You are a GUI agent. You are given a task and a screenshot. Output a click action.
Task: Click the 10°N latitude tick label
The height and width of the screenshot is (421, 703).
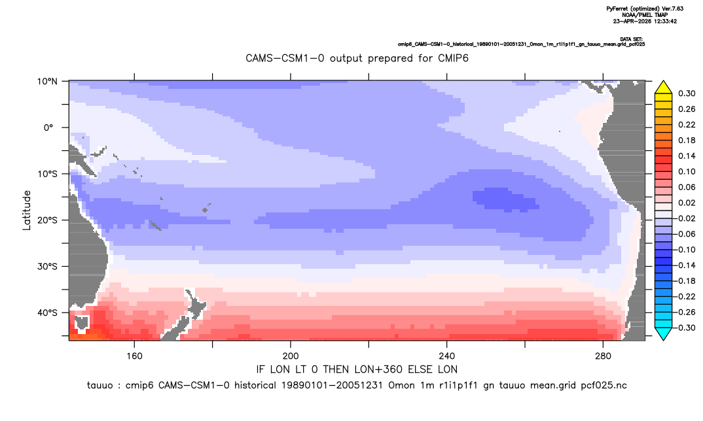coord(47,82)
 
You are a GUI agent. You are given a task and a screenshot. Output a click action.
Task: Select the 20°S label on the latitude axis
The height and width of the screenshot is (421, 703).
coord(47,220)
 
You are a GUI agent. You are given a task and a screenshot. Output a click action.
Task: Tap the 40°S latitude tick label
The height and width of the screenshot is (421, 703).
coord(47,312)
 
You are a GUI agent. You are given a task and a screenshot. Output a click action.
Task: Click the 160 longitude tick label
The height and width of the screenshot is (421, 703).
coord(134,356)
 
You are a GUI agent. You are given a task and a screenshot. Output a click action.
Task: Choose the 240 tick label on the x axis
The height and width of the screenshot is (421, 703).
coord(447,356)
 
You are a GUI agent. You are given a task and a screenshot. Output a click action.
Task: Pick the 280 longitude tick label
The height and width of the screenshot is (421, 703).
coord(603,356)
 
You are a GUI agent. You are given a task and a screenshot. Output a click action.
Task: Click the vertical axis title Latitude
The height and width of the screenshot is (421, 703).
coord(27,210)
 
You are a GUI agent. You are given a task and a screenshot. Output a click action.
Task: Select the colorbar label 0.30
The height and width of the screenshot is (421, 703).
coord(687,93)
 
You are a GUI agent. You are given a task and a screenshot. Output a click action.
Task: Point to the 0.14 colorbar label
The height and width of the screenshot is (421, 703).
coord(687,156)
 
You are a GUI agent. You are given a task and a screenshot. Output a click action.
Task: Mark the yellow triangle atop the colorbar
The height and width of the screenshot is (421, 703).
coord(664,88)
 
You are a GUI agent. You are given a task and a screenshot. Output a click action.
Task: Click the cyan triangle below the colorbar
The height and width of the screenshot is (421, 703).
coord(664,333)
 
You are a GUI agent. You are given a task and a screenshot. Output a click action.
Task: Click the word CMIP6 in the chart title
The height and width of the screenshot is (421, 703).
coord(452,58)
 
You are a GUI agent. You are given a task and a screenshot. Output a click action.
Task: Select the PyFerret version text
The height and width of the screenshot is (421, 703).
coord(645,8)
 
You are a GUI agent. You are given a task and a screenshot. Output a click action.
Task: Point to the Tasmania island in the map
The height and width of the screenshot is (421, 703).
coord(82,322)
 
